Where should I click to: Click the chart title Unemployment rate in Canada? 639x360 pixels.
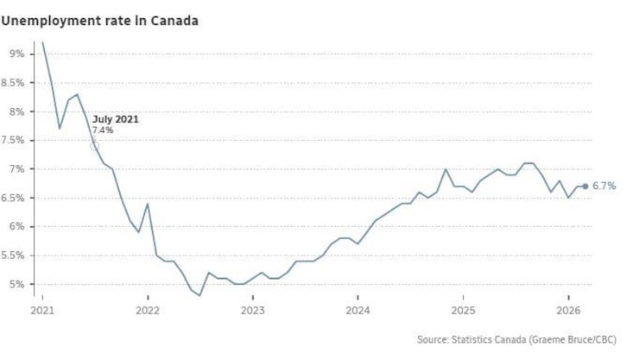click(99, 20)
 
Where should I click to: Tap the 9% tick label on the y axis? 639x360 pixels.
click(16, 54)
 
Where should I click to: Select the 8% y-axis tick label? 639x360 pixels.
click(16, 111)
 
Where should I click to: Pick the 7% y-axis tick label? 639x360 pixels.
click(16, 169)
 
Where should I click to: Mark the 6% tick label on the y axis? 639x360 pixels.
click(16, 227)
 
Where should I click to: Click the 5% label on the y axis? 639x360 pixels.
click(16, 284)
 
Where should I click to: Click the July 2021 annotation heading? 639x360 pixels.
click(116, 119)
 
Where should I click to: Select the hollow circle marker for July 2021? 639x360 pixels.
click(95, 146)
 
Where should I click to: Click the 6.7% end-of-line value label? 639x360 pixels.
click(604, 186)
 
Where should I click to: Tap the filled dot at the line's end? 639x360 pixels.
click(585, 186)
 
